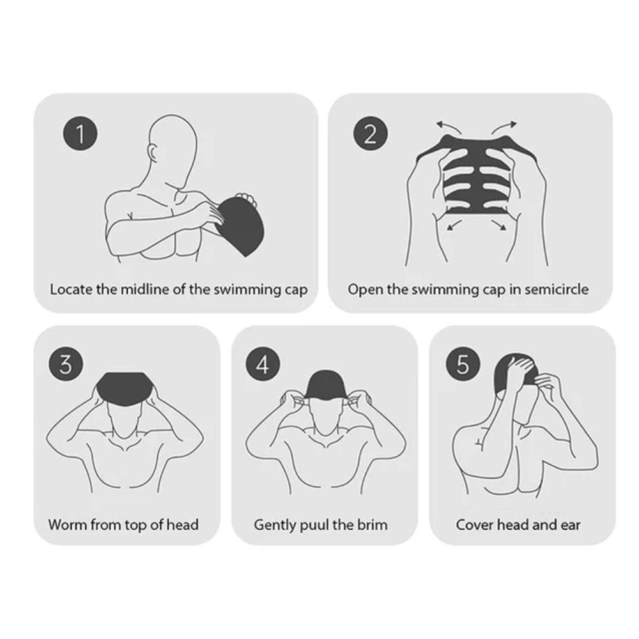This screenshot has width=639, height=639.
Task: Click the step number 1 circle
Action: tap(81, 134)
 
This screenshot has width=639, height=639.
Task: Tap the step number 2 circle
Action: tap(371, 134)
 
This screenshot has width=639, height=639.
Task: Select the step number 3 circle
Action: tap(66, 364)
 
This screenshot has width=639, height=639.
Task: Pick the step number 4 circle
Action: tap(263, 364)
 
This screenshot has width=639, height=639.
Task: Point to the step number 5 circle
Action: tap(463, 364)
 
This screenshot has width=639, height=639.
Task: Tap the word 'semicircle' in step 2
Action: tap(557, 289)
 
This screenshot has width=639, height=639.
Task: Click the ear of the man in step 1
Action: tap(153, 154)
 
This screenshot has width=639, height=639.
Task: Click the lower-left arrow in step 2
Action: tap(454, 224)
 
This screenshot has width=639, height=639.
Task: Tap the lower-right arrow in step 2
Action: tap(499, 224)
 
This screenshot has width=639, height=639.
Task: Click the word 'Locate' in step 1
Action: tap(71, 289)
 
